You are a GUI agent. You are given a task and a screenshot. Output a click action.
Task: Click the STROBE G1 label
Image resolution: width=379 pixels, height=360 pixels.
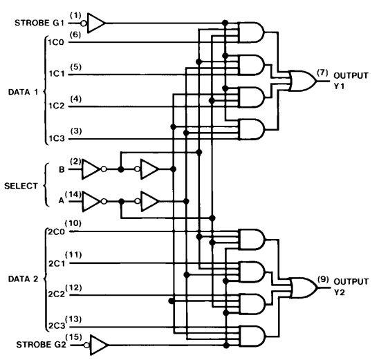pyautogui.click(x=39, y=23)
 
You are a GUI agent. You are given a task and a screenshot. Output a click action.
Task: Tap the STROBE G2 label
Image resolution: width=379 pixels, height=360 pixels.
pyautogui.click(x=41, y=345)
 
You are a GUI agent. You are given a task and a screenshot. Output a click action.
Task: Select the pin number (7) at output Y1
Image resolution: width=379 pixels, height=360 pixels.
pyautogui.click(x=322, y=73)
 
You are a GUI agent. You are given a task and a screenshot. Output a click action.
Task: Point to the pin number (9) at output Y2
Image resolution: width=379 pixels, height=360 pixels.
pyautogui.click(x=323, y=279)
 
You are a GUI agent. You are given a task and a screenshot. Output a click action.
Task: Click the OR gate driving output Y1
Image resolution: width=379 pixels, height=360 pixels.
pyautogui.click(x=303, y=81)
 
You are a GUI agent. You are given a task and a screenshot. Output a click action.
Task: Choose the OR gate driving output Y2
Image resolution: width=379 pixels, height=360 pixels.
pyautogui.click(x=304, y=288)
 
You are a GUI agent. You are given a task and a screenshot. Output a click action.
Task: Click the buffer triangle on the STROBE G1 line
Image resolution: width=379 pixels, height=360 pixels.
pyautogui.click(x=96, y=23)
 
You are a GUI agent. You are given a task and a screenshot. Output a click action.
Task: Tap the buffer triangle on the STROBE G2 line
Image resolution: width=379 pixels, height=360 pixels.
pyautogui.click(x=99, y=345)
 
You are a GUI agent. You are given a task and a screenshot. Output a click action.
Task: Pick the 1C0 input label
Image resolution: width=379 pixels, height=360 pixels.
pyautogui.click(x=55, y=42)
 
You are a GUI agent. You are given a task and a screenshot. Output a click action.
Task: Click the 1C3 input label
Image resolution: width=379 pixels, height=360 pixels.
pyautogui.click(x=57, y=139)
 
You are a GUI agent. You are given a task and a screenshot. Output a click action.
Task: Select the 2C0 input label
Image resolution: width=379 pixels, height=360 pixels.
pyautogui.click(x=56, y=231)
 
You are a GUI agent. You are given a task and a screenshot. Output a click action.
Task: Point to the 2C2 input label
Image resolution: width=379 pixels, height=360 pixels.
pyautogui.click(x=57, y=294)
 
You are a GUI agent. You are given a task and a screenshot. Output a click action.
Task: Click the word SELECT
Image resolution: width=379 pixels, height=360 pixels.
pyautogui.click(x=21, y=186)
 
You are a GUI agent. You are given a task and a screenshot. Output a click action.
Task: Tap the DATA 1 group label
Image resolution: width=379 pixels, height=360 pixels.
pyautogui.click(x=24, y=92)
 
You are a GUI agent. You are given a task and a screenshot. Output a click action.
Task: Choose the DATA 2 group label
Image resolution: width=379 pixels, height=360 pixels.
pyautogui.click(x=24, y=279)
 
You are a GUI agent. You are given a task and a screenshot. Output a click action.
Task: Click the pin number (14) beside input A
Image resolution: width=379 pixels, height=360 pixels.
pyautogui.click(x=73, y=194)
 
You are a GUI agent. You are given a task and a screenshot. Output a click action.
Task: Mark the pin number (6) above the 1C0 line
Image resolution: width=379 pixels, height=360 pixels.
pyautogui.click(x=75, y=35)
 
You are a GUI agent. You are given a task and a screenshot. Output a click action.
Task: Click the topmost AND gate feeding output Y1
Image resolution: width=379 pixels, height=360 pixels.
pyautogui.click(x=251, y=32)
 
